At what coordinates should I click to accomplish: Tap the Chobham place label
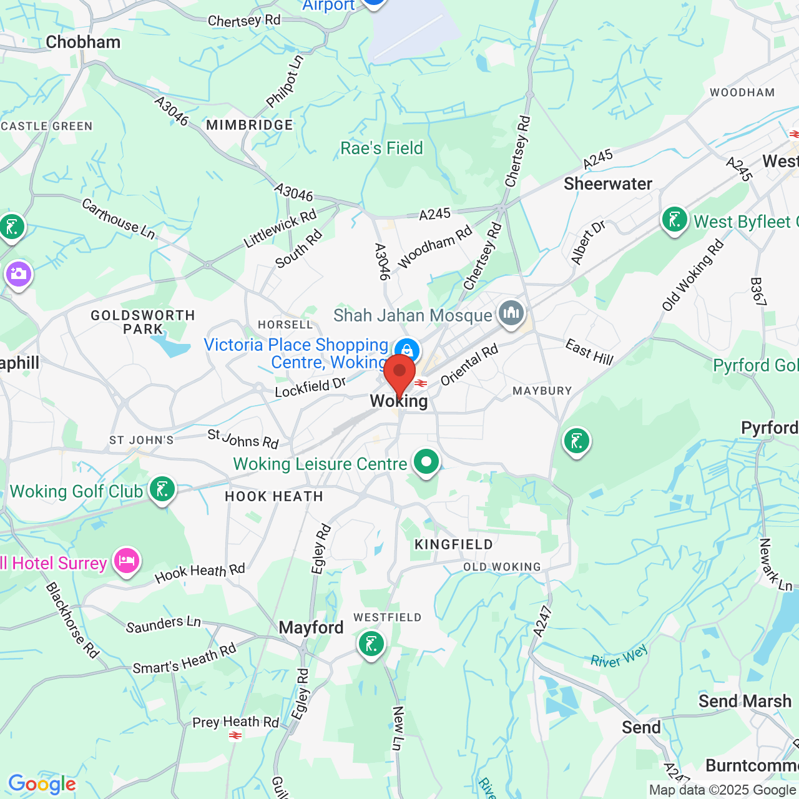[x=83, y=42]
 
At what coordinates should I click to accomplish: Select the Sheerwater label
[x=608, y=184]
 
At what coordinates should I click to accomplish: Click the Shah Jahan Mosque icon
[x=511, y=313]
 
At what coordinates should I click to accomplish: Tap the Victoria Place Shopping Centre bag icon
[x=407, y=350]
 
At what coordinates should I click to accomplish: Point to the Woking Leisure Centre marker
[x=426, y=463]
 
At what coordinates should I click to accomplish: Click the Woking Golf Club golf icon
[x=162, y=489]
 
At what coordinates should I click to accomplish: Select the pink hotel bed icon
[x=127, y=560]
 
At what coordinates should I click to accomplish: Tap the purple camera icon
[x=19, y=273]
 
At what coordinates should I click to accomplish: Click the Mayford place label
[x=311, y=627]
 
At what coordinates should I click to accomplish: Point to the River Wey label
[x=619, y=657]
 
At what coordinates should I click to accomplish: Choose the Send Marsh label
[x=745, y=701]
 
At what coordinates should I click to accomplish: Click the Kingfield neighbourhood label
[x=454, y=544]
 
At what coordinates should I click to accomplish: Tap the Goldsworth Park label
[x=143, y=322]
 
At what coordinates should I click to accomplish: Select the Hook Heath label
[x=274, y=497]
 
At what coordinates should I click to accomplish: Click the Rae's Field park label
[x=381, y=148]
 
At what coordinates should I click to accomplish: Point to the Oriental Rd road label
[x=469, y=365]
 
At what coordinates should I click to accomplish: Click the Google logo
[x=42, y=784]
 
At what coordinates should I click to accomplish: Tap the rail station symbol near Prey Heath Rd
[x=235, y=736]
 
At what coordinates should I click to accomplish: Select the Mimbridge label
[x=250, y=125]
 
